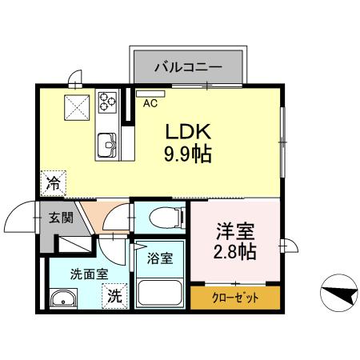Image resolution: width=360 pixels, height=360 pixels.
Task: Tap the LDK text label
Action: click(x=186, y=131)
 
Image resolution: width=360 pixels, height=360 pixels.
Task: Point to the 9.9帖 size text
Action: click(x=188, y=153)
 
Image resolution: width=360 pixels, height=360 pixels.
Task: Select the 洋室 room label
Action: click(x=234, y=233)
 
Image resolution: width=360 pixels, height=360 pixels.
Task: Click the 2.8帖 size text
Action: click(x=234, y=252)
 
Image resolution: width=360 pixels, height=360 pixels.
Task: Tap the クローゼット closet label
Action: click(x=235, y=298)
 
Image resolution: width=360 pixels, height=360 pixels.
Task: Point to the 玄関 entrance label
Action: click(x=61, y=217)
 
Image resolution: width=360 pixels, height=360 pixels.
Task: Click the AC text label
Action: click(x=150, y=103)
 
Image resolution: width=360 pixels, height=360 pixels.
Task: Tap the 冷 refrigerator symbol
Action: click(x=53, y=182)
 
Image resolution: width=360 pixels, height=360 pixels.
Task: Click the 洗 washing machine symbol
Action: click(x=115, y=294)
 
